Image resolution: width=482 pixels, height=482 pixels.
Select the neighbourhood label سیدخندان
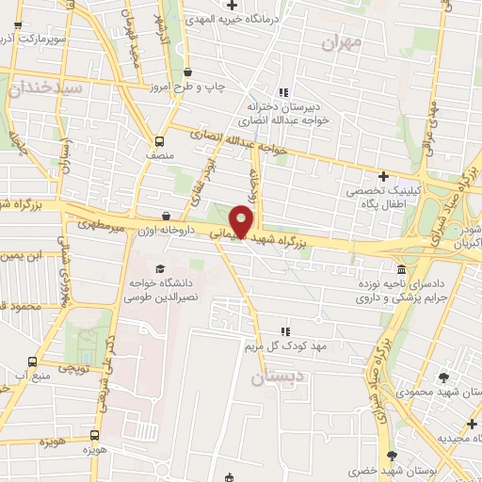(x=45, y=88)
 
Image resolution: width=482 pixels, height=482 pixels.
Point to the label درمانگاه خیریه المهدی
(x=233, y=19)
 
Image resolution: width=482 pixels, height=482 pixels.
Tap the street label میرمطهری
(x=103, y=223)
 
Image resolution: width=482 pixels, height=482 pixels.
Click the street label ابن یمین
(x=23, y=255)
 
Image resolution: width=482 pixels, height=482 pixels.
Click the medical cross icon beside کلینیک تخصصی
(x=382, y=176)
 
